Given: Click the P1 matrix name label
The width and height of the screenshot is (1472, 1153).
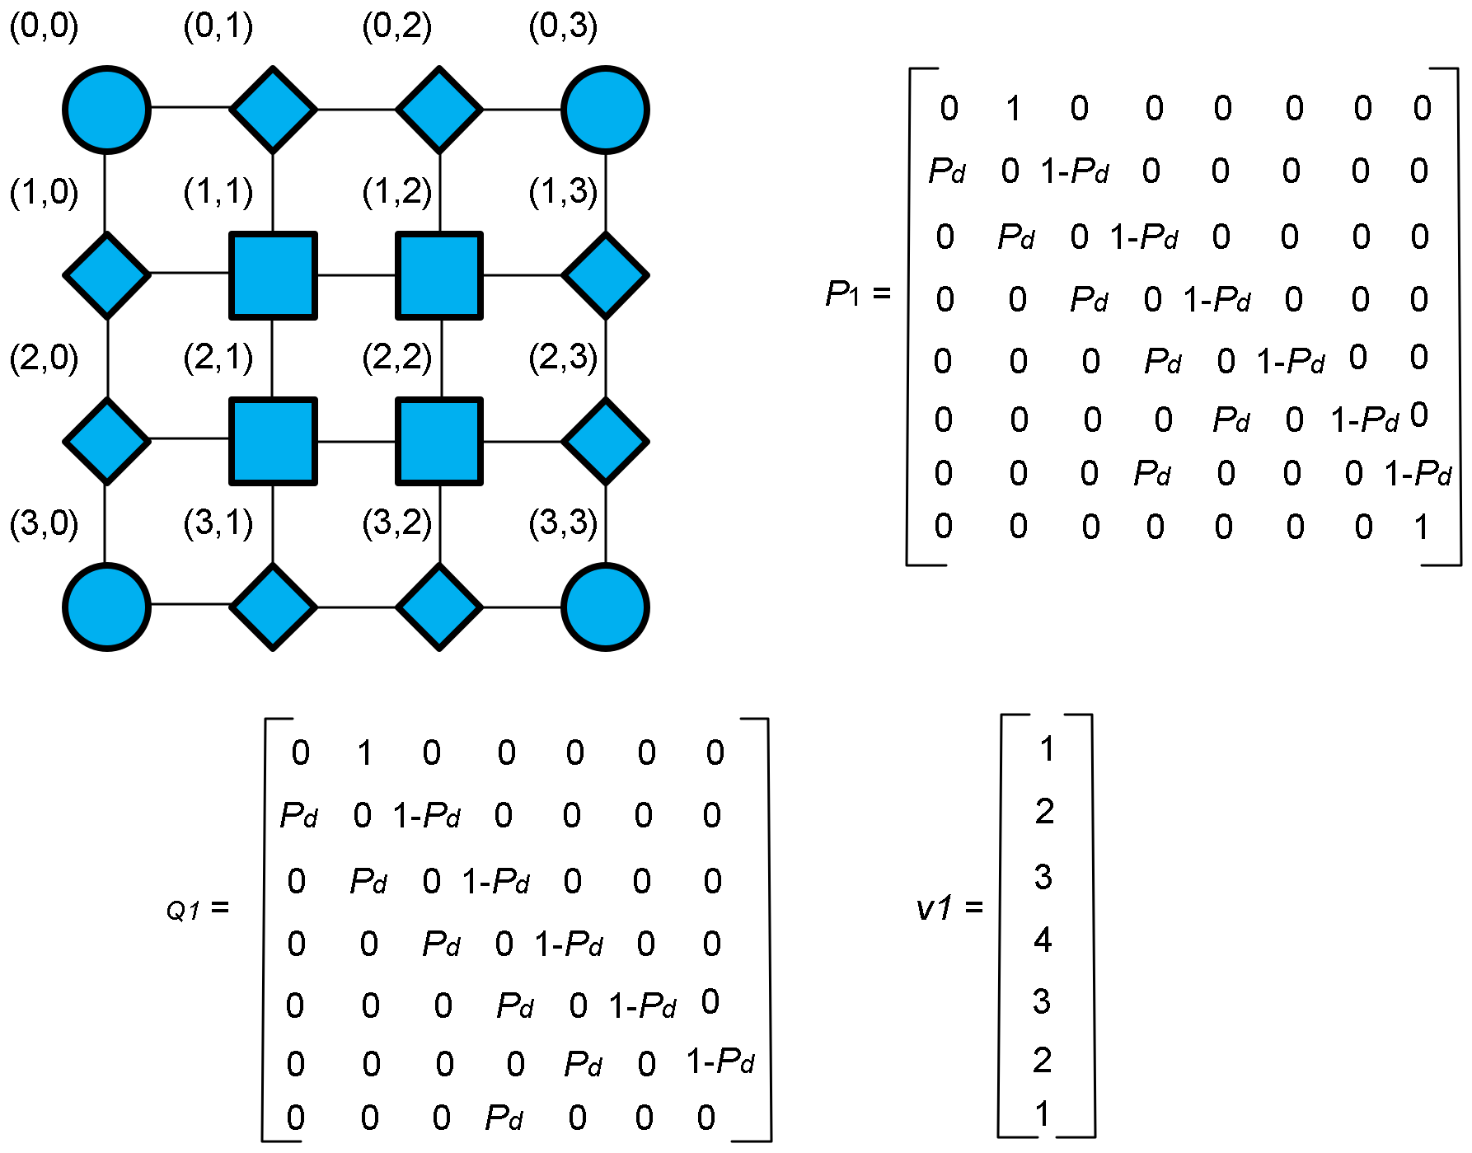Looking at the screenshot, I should tap(842, 293).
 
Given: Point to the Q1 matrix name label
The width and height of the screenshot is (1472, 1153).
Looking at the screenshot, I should tap(183, 910).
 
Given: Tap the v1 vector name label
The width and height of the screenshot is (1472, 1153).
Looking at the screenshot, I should tap(935, 908).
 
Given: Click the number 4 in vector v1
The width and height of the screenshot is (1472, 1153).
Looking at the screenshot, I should tap(1043, 940).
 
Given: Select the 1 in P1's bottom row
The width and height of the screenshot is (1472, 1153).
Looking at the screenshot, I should tap(1421, 527).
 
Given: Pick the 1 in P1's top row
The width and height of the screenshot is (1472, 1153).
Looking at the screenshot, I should tap(1013, 108).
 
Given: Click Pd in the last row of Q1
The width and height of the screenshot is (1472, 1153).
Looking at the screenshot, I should tap(504, 1118).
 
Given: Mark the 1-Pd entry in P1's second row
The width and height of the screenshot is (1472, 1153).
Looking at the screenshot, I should tap(1074, 171).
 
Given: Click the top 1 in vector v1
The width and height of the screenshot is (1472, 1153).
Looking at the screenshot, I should tap(1046, 749).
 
